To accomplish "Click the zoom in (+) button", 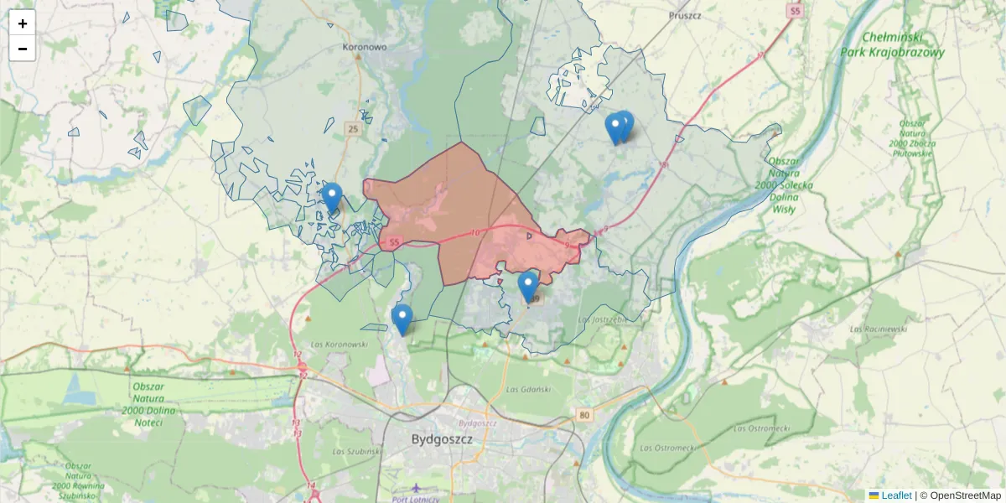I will coord(23,23).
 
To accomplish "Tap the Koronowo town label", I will coord(365,47).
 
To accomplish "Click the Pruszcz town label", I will coord(685,15).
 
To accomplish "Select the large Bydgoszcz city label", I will coord(443,439).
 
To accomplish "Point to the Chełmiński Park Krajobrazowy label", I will coord(892,44).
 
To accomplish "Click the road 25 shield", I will coord(353,128).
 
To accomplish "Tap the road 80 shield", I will coord(584,414).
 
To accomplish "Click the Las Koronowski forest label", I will coord(340,344).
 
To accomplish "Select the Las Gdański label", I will coord(527,390).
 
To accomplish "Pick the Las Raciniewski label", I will coord(879,329).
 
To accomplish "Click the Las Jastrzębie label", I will coord(603,319).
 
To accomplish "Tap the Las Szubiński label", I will coord(357,451).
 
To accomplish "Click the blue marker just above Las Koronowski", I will coord(402,319).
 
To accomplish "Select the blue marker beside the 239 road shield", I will coord(527,286).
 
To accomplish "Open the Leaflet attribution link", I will coord(895,495).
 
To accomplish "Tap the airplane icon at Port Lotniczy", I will coord(417,488).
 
